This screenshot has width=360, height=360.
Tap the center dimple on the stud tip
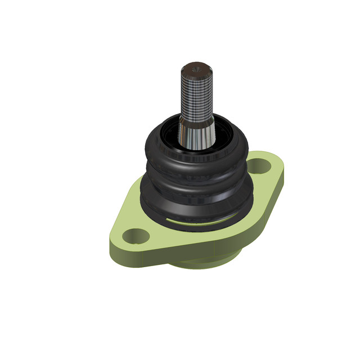pyautogui.click(x=196, y=67)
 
